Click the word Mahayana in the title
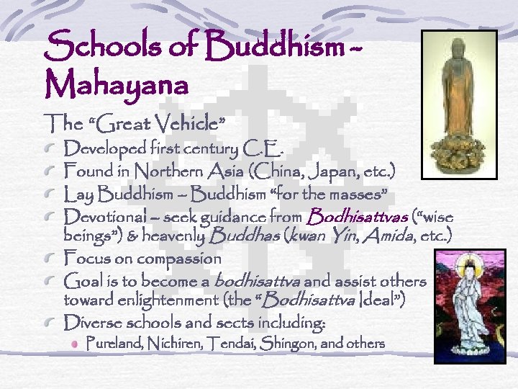click(117, 84)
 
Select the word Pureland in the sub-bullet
click(109, 344)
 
